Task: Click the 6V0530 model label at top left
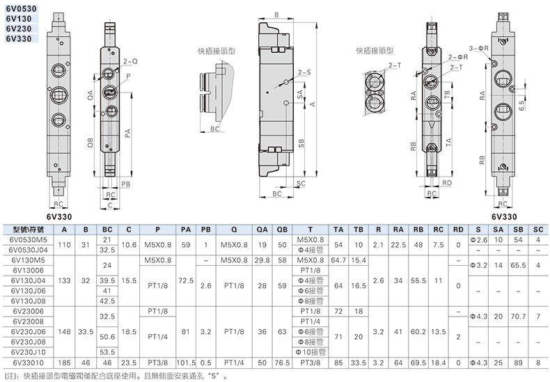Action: (21, 8)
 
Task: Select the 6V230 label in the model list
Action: (19, 29)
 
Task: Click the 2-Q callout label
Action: (130, 61)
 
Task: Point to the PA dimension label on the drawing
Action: (127, 134)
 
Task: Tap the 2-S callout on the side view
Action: (304, 72)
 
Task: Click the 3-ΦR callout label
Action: (479, 49)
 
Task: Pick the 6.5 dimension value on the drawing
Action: (521, 106)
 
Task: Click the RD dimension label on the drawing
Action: (447, 183)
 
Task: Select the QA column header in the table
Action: (262, 230)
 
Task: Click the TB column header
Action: (358, 230)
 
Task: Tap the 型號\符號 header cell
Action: (28, 230)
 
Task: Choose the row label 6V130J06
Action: (28, 291)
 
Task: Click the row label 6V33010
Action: (28, 363)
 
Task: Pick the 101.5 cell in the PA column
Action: (186, 363)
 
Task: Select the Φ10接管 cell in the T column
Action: (311, 352)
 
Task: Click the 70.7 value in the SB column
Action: (518, 317)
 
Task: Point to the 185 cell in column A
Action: (64, 363)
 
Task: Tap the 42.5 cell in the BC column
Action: (107, 301)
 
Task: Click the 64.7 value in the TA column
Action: (338, 260)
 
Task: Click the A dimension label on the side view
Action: (313, 104)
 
